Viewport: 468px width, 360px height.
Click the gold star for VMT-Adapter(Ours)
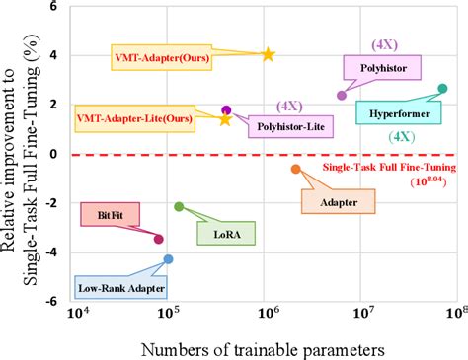click(x=268, y=54)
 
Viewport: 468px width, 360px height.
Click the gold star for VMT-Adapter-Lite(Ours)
click(x=225, y=119)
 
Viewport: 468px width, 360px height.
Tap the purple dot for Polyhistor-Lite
click(x=226, y=110)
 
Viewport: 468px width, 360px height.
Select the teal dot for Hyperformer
click(x=442, y=89)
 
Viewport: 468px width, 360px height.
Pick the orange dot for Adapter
click(x=295, y=169)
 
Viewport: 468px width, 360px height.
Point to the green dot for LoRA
click(x=179, y=206)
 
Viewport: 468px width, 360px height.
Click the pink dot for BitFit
click(x=159, y=238)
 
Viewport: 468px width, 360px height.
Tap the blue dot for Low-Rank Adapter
click(x=168, y=259)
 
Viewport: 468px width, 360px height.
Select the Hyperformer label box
click(x=392, y=113)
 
